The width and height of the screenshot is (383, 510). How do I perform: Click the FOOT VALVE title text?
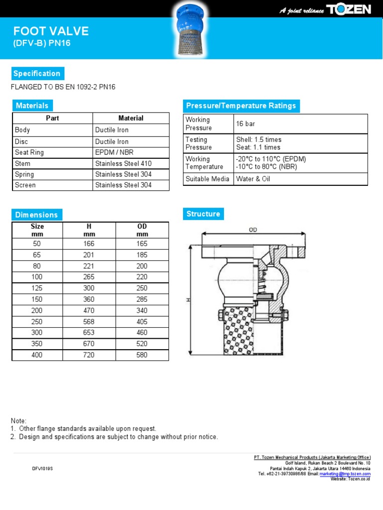coord(51,31)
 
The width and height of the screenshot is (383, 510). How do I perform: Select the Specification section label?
coord(37,74)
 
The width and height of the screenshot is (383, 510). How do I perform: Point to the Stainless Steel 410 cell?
coord(123,163)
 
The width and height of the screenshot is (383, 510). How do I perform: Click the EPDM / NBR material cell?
coord(114,152)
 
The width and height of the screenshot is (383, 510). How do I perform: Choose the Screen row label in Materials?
coord(25,185)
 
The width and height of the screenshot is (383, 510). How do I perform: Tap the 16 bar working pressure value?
coord(245,124)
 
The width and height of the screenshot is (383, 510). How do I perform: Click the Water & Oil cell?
coord(253,179)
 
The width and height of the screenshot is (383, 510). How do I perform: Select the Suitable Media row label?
coord(207,179)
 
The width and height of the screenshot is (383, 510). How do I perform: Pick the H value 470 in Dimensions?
coord(89,311)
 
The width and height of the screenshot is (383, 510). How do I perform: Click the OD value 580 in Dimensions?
coord(142,355)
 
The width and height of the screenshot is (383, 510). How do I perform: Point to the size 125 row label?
coord(37,288)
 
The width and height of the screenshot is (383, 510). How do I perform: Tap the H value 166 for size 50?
coord(89,244)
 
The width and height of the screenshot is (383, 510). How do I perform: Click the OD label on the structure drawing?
coord(253,230)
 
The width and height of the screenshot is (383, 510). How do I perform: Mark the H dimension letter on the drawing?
coord(188,300)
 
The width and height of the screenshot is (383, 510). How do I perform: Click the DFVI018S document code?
coord(42,469)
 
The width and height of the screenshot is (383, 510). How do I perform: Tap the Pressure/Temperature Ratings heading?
coord(241,106)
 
